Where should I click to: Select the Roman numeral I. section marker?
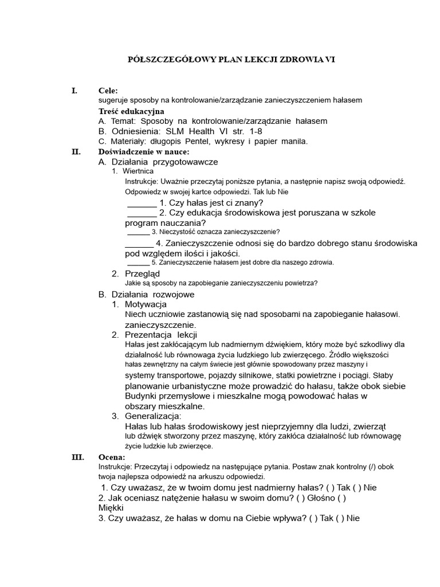(x=73, y=91)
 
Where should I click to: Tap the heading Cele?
(x=108, y=91)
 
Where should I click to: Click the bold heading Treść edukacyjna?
(x=131, y=111)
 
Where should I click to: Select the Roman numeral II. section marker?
(x=75, y=151)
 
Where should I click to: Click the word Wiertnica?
(x=138, y=171)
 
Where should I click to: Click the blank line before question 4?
(x=139, y=243)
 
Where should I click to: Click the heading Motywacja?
(x=146, y=304)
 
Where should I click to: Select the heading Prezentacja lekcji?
(x=161, y=334)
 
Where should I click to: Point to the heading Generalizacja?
(x=153, y=416)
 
